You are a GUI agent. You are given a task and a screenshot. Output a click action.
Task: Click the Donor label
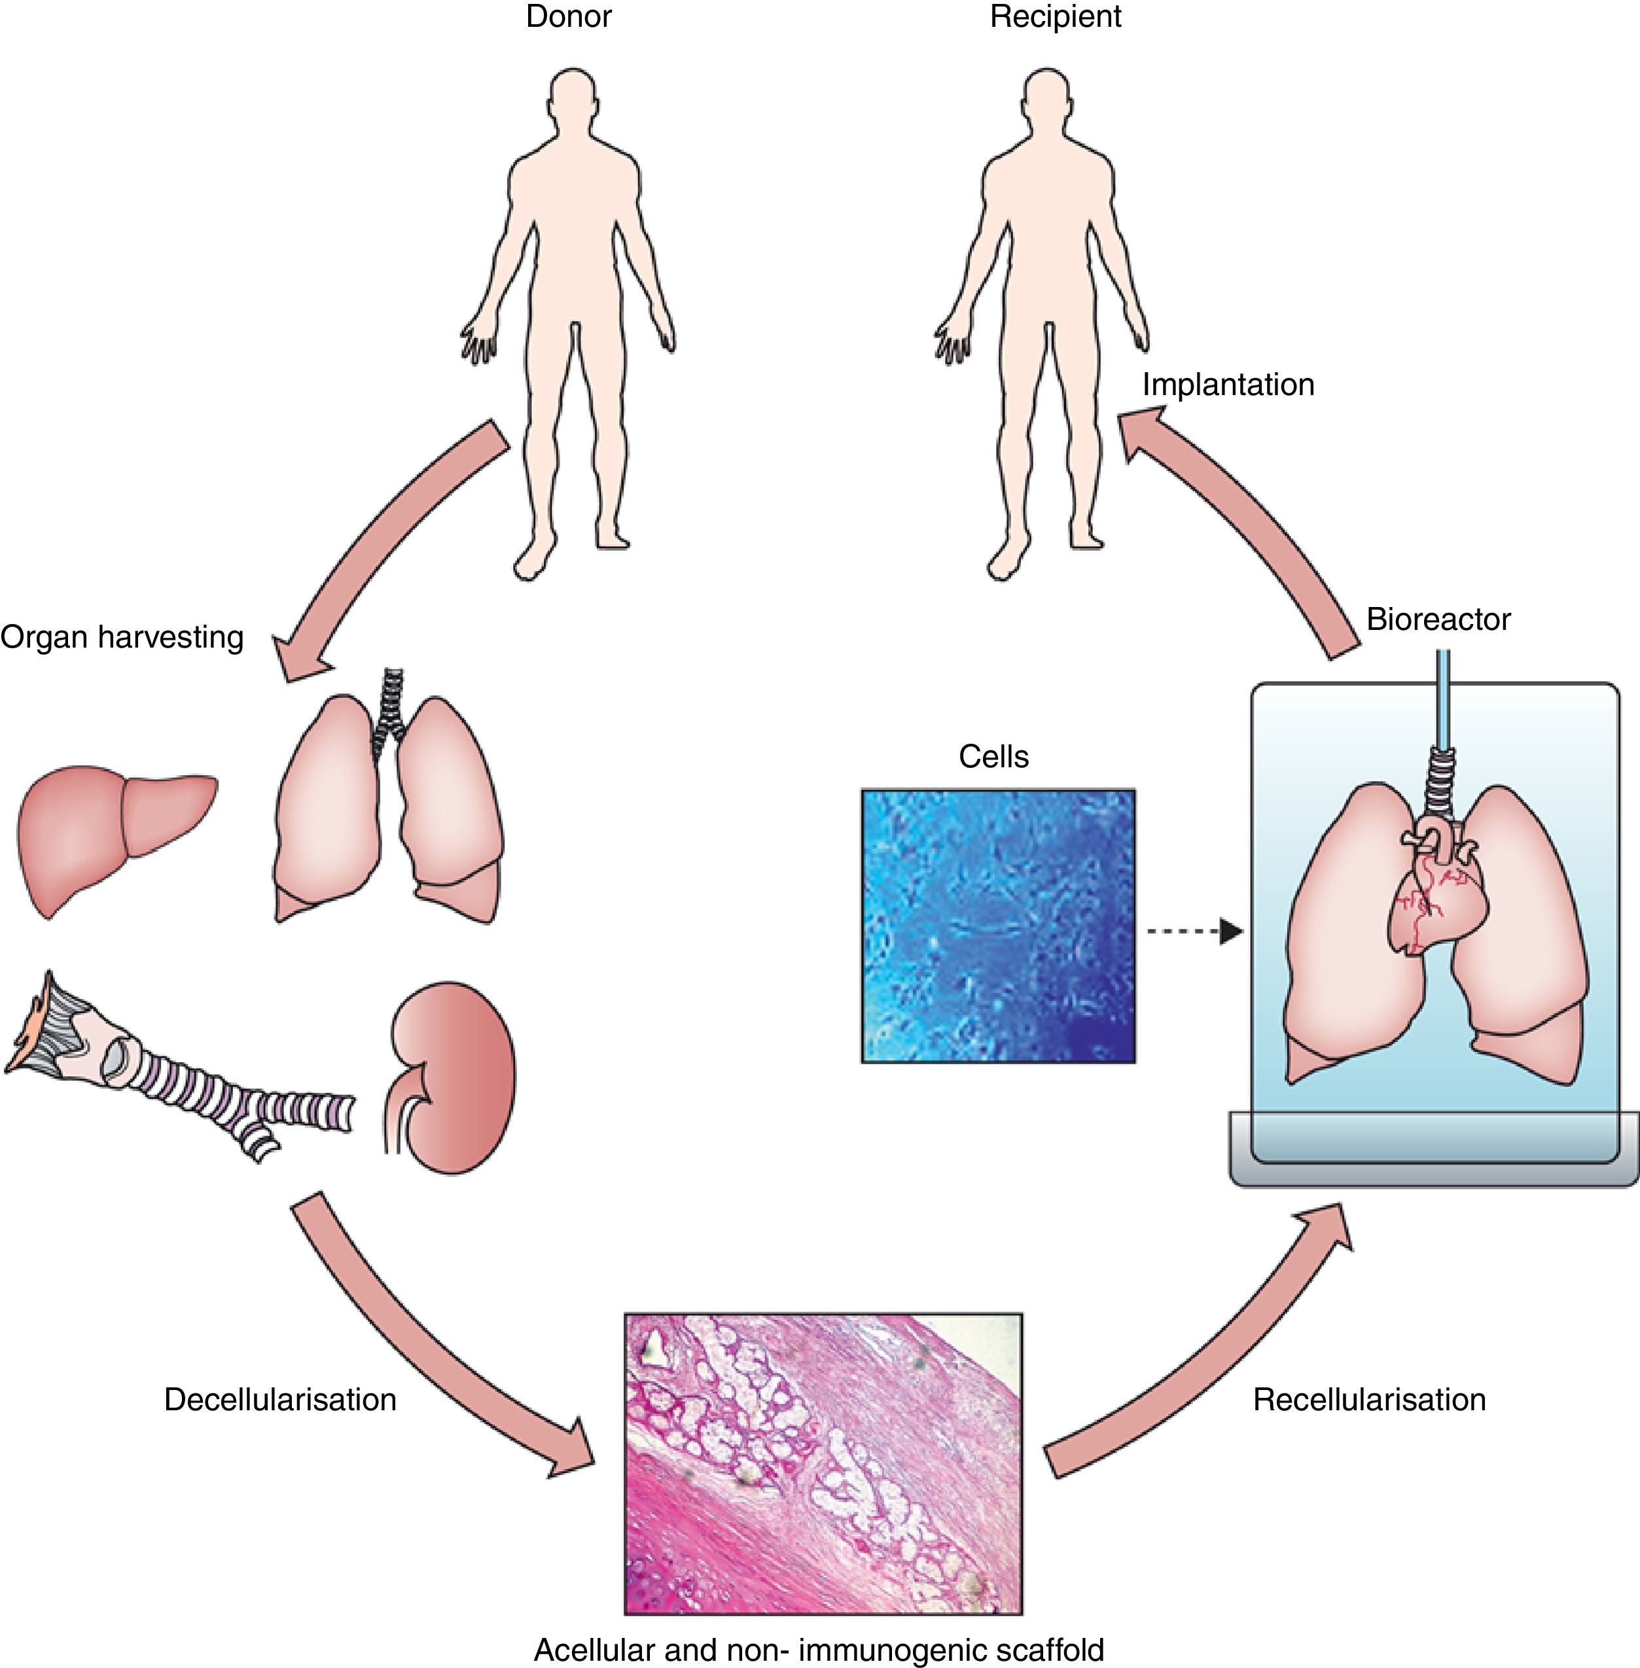pyautogui.click(x=569, y=17)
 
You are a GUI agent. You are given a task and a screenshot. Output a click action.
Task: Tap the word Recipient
pyautogui.click(x=1055, y=17)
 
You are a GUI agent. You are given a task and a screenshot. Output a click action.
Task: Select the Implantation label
pyautogui.click(x=1228, y=384)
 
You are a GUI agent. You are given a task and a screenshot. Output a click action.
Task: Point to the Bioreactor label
pyautogui.click(x=1438, y=619)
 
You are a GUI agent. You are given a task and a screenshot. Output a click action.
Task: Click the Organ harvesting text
pyautogui.click(x=122, y=637)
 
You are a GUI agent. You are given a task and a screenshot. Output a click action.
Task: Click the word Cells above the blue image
pyautogui.click(x=993, y=757)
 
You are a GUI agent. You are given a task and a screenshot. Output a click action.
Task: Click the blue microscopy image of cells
pyautogui.click(x=998, y=926)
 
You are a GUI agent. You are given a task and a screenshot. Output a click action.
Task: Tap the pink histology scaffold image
pyautogui.click(x=823, y=1464)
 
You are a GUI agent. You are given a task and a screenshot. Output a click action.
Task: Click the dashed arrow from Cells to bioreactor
pyautogui.click(x=1193, y=931)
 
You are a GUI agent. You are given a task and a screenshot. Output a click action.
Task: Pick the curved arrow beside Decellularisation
pyautogui.click(x=431, y=1352)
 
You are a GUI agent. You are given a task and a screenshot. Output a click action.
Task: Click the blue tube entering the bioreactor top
pyautogui.click(x=1443, y=697)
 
